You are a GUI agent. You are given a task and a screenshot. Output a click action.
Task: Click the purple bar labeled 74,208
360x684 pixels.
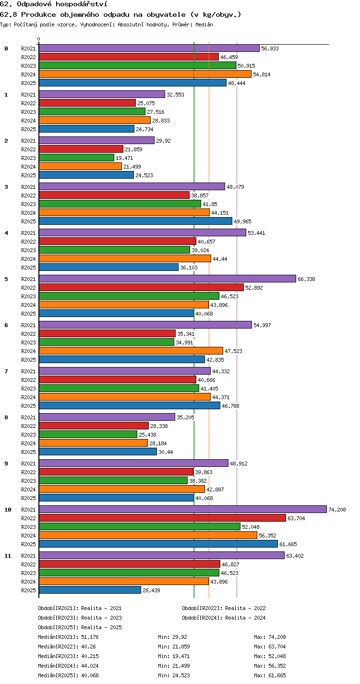pos(183,509)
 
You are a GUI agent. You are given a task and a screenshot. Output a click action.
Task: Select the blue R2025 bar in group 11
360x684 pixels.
pos(90,590)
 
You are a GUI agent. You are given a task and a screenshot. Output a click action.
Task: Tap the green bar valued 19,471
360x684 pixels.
pos(77,158)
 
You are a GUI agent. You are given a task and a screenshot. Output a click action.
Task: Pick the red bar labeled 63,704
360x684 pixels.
pos(163,518)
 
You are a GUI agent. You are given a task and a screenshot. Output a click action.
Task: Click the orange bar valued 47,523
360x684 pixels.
pos(131,351)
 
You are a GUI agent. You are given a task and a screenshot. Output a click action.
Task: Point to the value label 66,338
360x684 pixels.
pos(306,279)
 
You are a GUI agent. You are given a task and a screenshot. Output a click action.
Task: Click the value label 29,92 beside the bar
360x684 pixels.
pos(163,141)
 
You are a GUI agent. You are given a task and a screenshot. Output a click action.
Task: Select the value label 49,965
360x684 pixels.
pos(242,221)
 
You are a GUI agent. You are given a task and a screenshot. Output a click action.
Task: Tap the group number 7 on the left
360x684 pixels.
pos(6,371)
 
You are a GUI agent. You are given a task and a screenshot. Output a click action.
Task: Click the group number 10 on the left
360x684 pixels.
pos(8,510)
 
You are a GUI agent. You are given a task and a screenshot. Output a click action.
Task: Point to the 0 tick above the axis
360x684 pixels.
pos(39,39)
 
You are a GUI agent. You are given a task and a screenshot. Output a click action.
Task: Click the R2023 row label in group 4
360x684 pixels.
pos(28,250)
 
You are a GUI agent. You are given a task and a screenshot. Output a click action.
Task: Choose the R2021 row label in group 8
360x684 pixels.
pos(28,417)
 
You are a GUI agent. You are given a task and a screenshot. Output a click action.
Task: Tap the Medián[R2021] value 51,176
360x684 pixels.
pos(90,637)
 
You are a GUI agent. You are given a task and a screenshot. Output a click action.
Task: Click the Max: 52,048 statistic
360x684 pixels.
pos(270,656)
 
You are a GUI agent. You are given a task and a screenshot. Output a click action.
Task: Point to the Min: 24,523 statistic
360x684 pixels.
pos(174,675)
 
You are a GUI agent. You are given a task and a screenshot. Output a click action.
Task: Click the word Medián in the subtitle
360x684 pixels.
pos(204,24)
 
